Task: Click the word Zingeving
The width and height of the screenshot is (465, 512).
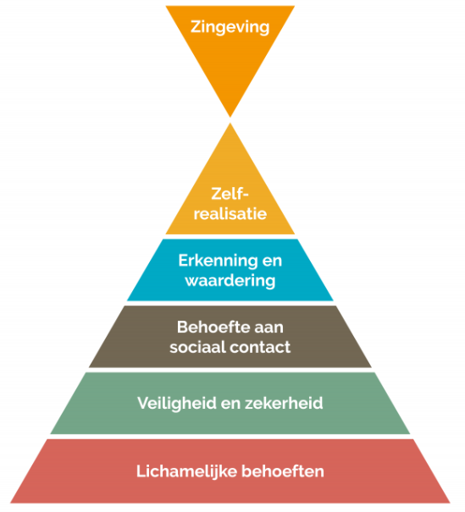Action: click(230, 27)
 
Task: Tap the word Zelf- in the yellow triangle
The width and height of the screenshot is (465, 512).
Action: click(230, 194)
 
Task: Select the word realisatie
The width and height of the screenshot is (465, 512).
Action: click(230, 214)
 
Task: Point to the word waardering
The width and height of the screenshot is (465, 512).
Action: click(230, 281)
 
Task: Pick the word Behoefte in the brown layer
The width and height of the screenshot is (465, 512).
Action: click(208, 327)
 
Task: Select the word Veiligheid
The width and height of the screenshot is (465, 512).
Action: click(177, 404)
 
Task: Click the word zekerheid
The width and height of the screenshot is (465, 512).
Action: click(284, 403)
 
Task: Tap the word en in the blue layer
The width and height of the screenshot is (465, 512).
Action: click(272, 262)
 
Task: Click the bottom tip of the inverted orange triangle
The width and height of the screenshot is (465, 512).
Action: click(230, 117)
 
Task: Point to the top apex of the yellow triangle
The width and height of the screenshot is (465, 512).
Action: click(230, 123)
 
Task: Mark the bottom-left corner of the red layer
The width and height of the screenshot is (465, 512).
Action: click(10, 503)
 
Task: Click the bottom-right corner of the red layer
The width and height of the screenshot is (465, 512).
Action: click(451, 503)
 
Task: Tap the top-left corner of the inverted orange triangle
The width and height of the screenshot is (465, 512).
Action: click(166, 6)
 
